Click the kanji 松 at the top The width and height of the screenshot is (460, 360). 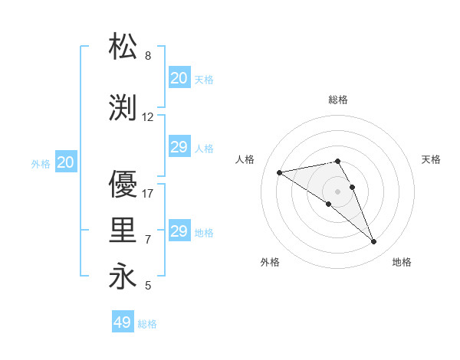123,47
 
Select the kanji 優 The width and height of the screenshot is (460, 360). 123,185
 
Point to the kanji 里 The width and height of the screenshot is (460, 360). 123,231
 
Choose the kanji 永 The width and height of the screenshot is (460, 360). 123,276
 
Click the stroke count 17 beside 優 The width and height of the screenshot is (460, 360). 148,193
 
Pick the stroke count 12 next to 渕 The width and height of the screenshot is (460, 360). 148,117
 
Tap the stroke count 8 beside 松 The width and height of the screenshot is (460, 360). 148,56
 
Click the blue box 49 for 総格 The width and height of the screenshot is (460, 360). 123,322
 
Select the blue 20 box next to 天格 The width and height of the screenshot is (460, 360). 179,78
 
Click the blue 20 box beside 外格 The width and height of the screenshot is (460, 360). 65,162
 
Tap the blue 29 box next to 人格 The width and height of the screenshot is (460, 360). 179,147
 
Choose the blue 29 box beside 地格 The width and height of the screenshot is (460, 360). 179,231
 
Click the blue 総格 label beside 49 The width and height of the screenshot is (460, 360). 148,324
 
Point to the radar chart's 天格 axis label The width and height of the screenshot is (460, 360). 432,159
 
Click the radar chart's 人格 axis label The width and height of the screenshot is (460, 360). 245,159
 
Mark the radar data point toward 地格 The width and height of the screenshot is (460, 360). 374,242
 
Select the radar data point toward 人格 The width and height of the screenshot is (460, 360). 279,172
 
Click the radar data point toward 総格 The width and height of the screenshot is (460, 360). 337,162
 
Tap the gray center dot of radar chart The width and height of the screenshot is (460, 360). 337,191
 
